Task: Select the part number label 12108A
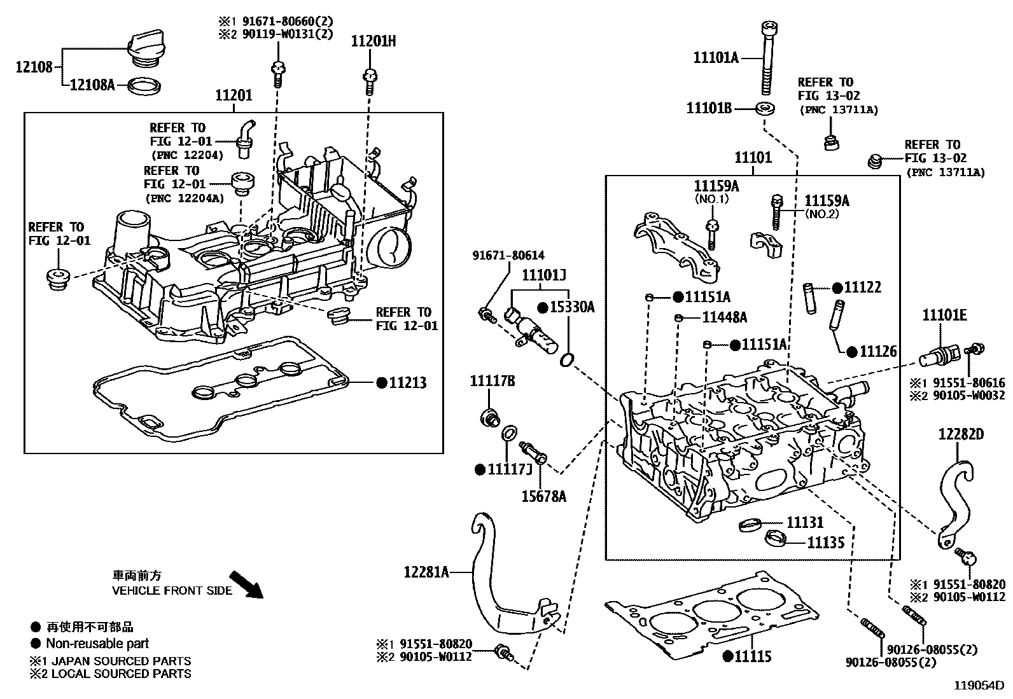click(92, 84)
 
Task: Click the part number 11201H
click(373, 41)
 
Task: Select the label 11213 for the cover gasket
click(407, 382)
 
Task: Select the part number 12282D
click(961, 434)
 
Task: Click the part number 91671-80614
click(508, 255)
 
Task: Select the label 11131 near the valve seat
click(805, 522)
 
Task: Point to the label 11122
click(862, 287)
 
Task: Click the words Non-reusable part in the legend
click(97, 643)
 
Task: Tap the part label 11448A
click(724, 317)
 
